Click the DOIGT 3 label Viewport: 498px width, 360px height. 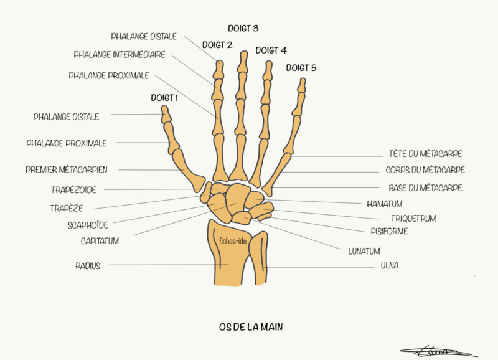243,29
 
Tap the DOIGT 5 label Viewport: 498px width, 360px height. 301,68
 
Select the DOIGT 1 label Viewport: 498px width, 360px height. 164,98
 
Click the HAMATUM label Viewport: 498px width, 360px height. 385,204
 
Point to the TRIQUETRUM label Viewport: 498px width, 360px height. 413,219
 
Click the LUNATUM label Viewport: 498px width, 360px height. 365,252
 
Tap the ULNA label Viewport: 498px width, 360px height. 390,266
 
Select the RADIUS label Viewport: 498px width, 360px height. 88,265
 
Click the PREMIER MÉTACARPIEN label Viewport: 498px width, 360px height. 67,169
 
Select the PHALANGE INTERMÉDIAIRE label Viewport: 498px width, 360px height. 120,55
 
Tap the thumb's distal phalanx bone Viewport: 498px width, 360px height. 166,114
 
